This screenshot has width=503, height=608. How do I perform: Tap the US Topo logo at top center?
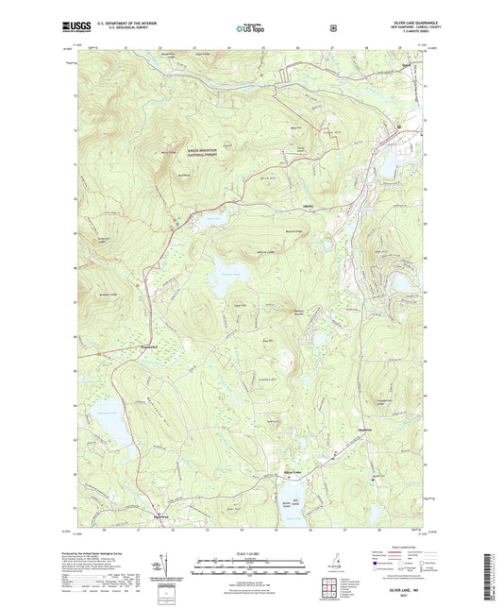pyautogui.click(x=249, y=29)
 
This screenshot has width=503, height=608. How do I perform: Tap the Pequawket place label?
pyautogui.click(x=139, y=359)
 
